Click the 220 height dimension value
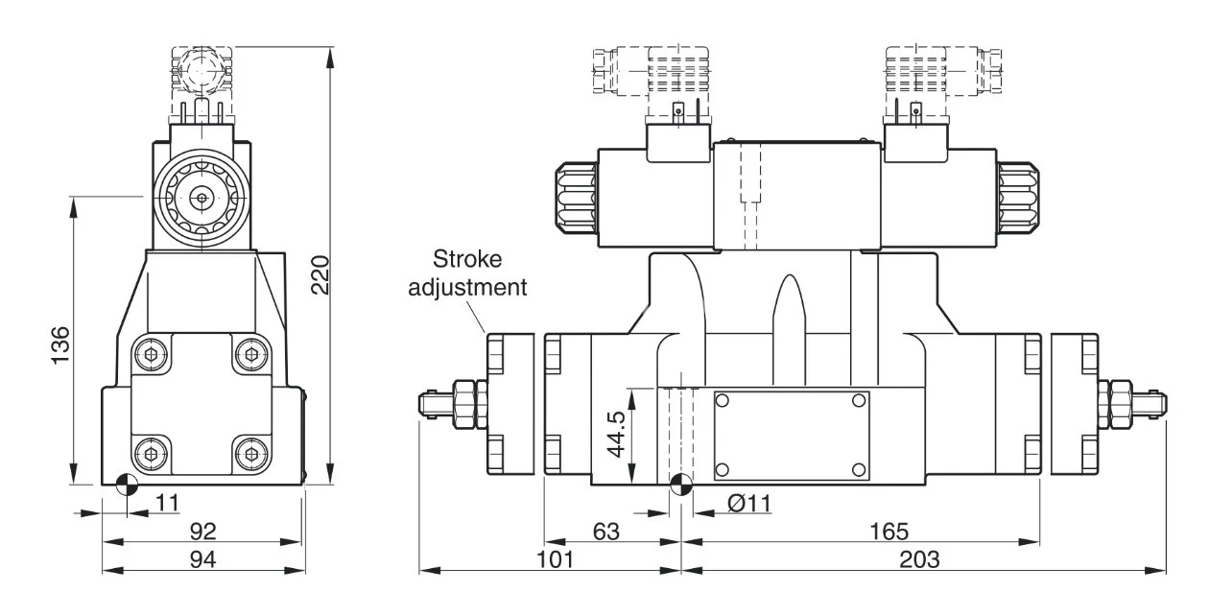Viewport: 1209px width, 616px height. coord(320,274)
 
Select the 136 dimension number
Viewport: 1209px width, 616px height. coord(60,345)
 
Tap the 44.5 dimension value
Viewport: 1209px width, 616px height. coord(615,434)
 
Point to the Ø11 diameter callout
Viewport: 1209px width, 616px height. coord(749,504)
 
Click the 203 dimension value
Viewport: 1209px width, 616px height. coord(919,559)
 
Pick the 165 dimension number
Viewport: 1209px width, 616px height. coord(889,532)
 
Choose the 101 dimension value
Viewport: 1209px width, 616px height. coord(555,559)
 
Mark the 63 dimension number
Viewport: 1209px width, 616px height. coord(606,532)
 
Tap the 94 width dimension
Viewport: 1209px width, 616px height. coord(203,559)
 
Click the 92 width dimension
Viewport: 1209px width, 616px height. coord(203,532)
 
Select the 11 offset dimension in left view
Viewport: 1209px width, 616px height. coord(167,503)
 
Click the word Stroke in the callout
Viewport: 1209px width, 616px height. coord(467,259)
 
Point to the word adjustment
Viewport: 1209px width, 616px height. coord(467,287)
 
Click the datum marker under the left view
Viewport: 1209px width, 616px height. coord(127,485)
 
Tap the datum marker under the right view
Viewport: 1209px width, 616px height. coord(681,485)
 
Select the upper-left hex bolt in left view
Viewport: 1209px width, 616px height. coord(152,355)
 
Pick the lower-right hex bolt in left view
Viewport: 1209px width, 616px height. coord(251,454)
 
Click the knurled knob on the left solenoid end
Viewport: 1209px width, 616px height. coord(577,198)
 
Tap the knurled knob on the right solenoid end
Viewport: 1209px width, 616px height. coord(1018,198)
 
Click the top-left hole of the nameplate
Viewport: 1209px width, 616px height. coord(723,401)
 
